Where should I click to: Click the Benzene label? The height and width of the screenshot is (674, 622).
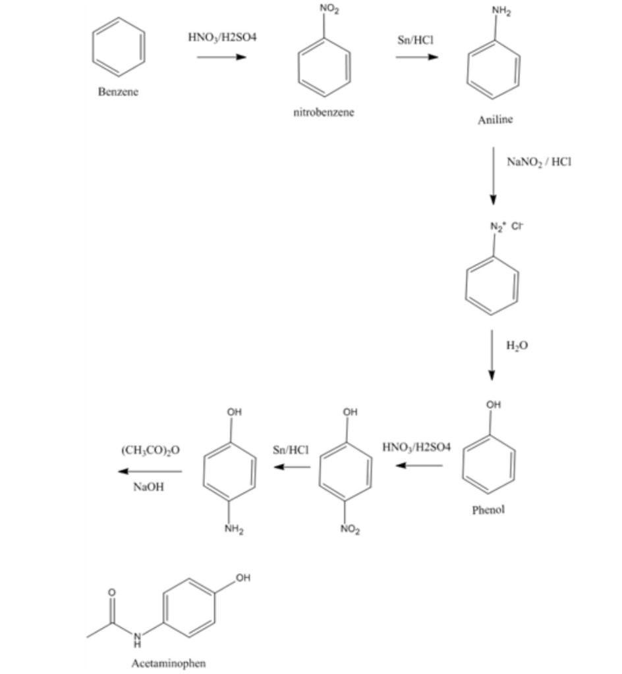point(118,92)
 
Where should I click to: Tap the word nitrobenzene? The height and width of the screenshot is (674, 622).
point(324,113)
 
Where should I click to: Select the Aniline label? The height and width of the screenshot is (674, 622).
point(495,120)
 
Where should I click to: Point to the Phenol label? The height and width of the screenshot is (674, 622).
point(488,509)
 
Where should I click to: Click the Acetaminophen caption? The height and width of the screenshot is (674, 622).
point(169,663)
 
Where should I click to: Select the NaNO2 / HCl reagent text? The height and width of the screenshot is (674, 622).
point(539,162)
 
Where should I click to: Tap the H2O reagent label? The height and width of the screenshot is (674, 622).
point(517,346)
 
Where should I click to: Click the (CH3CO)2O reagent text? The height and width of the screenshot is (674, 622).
point(151,450)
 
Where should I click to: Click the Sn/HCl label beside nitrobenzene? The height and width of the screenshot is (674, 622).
point(415,39)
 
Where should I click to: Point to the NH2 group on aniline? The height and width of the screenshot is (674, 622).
point(501,10)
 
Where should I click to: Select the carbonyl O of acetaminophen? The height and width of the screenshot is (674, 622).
point(111,593)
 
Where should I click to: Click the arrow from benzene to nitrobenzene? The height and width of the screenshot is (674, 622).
point(221,57)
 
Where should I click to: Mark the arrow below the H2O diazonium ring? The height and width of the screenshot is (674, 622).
point(492,355)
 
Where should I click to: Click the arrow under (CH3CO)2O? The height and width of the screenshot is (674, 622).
point(150,471)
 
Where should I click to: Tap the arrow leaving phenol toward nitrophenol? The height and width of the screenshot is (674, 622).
point(419,465)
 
